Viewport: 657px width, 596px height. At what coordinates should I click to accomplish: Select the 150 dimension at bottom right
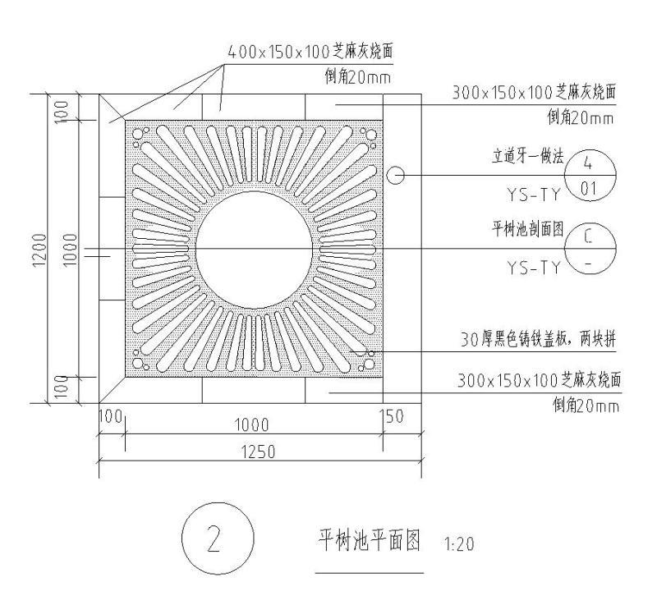(x=394, y=417)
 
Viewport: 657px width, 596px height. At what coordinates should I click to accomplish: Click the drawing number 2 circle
(x=213, y=543)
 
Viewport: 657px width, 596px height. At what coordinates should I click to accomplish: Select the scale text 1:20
(x=458, y=543)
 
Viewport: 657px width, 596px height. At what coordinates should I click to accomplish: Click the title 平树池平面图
(x=369, y=540)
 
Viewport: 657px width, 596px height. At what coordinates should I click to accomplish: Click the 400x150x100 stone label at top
(x=310, y=51)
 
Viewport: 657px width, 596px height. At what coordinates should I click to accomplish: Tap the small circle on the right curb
(x=396, y=176)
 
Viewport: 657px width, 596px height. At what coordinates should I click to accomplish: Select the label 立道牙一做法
(x=527, y=158)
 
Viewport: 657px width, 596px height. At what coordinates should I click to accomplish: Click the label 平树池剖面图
(x=527, y=231)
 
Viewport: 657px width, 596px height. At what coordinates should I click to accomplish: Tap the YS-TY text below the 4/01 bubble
(x=533, y=194)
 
